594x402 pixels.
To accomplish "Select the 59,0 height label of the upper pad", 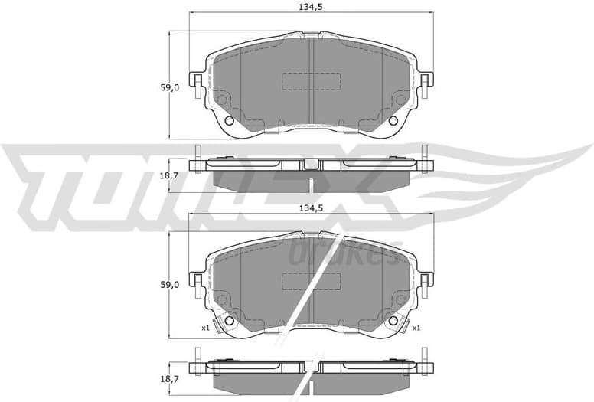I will [x=169, y=87].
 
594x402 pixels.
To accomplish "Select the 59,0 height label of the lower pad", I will [x=169, y=284].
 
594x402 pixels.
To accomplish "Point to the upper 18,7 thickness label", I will [x=169, y=175].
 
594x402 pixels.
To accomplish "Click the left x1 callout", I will [x=205, y=328].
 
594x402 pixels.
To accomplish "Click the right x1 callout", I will [x=416, y=328].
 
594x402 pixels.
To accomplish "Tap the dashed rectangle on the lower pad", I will [x=312, y=281].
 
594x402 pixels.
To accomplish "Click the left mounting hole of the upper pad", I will [x=230, y=121].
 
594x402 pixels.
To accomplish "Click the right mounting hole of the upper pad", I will [x=393, y=121].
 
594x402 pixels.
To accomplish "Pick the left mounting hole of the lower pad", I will [x=227, y=321].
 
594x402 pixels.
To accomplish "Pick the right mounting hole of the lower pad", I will [x=393, y=321].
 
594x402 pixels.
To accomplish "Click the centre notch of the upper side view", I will [x=311, y=164].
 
